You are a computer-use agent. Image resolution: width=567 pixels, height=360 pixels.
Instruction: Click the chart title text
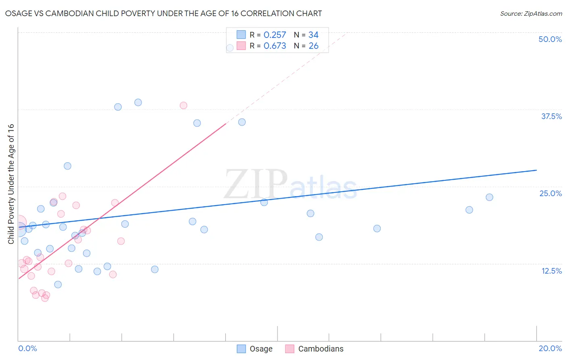click(x=163, y=13)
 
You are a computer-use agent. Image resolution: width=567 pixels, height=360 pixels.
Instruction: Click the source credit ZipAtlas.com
click(x=531, y=13)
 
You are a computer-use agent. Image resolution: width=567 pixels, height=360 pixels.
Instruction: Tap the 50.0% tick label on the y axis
click(x=550, y=39)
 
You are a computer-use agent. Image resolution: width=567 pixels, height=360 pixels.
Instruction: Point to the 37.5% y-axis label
click(x=551, y=116)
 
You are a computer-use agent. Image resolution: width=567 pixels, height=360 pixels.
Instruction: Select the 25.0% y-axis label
click(x=550, y=193)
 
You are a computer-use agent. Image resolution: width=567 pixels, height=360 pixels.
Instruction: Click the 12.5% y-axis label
click(x=551, y=271)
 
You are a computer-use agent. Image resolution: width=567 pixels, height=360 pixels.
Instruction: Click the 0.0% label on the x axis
click(x=27, y=348)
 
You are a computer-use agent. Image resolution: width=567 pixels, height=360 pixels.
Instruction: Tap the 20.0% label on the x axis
click(x=550, y=348)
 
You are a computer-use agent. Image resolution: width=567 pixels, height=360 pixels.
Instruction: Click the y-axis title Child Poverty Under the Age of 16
click(x=11, y=184)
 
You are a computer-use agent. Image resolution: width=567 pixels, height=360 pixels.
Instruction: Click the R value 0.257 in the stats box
click(x=275, y=35)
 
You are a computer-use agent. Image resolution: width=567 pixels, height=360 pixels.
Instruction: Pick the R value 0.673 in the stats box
click(x=275, y=46)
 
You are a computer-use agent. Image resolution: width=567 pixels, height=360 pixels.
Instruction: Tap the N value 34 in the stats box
click(x=313, y=35)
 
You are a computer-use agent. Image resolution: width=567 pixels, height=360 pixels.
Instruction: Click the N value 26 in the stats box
click(x=313, y=46)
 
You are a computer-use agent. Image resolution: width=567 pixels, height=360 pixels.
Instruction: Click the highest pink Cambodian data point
click(x=183, y=105)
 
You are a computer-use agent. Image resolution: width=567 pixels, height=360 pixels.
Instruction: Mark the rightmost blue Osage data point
click(x=489, y=197)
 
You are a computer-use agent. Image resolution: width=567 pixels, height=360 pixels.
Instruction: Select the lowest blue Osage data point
click(x=58, y=285)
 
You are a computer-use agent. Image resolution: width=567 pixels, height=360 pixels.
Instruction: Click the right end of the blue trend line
click(x=536, y=170)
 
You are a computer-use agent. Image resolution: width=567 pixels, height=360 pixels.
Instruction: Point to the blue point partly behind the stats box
click(x=230, y=48)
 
